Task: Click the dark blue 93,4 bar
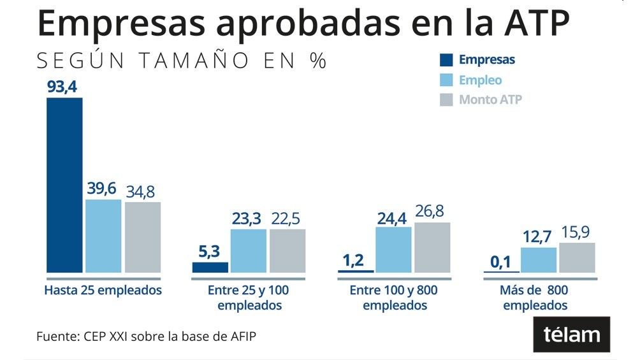(x=64, y=185)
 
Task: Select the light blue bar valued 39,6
(x=103, y=236)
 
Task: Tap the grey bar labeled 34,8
(x=143, y=237)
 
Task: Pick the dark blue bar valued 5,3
(x=210, y=268)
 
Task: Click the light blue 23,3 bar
(x=249, y=251)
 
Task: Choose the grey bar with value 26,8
(x=432, y=248)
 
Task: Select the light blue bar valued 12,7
(x=539, y=260)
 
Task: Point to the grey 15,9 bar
(x=577, y=258)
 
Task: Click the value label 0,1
(x=501, y=262)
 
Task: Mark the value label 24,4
(x=393, y=217)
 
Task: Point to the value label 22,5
(x=287, y=219)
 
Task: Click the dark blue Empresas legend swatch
(x=446, y=61)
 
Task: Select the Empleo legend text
(x=480, y=80)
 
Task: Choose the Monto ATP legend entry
(x=490, y=100)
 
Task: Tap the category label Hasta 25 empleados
(x=103, y=291)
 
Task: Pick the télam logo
(x=571, y=335)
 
